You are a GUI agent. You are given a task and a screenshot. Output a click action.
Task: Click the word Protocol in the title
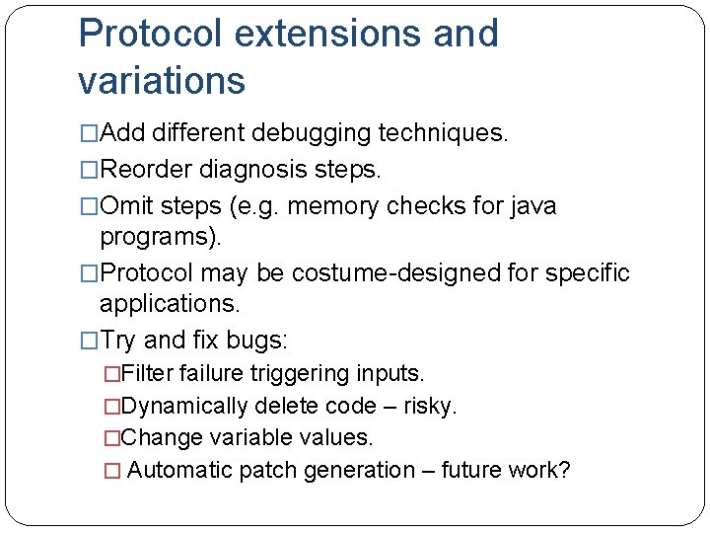click(x=152, y=35)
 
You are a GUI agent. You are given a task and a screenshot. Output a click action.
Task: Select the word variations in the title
click(x=162, y=81)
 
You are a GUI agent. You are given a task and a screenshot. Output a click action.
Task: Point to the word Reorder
click(x=147, y=170)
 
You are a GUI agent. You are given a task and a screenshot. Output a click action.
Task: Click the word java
click(x=533, y=206)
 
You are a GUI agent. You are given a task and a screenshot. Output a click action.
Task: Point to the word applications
click(x=170, y=304)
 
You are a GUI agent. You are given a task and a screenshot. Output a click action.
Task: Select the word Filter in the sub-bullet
click(x=150, y=374)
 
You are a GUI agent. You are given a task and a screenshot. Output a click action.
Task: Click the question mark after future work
click(x=564, y=470)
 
